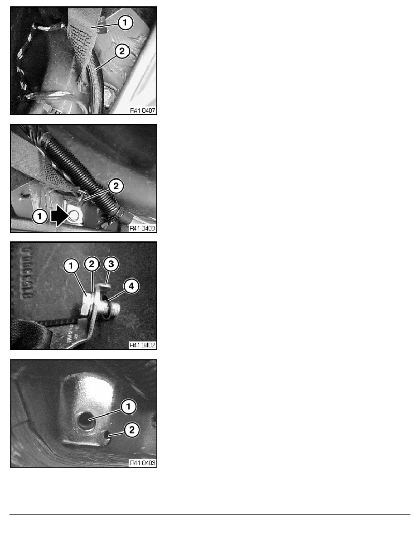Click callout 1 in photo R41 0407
click(125, 23)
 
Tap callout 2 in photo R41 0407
click(122, 52)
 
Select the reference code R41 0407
click(142, 110)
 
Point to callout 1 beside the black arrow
click(40, 216)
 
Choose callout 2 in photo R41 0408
click(116, 186)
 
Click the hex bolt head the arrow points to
click(74, 216)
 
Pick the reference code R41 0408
click(142, 228)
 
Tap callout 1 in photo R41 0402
click(72, 265)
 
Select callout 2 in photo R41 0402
click(92, 264)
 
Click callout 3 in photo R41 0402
click(111, 264)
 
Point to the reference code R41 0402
click(142, 345)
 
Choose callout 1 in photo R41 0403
click(128, 407)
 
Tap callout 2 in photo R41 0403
click(132, 430)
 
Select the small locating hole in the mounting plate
click(107, 435)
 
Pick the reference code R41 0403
click(142, 463)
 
